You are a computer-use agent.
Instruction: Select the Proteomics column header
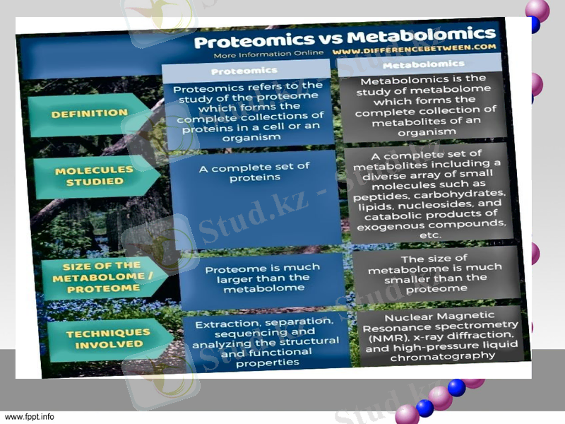pyautogui.click(x=244, y=71)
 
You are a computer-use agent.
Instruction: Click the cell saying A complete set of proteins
pyautogui.click(x=254, y=172)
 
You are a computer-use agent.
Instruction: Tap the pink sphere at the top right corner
pyautogui.click(x=537, y=10)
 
